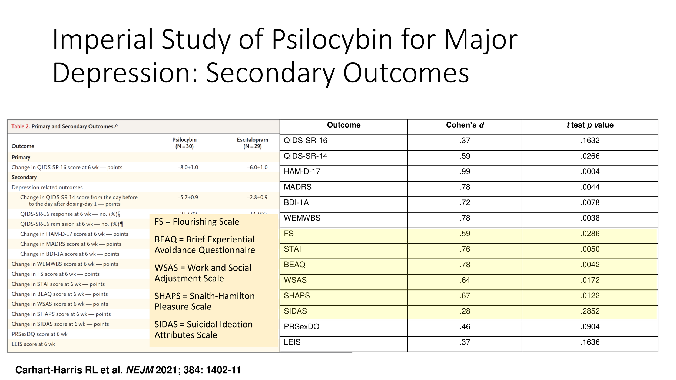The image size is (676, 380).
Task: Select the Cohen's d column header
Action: click(465, 125)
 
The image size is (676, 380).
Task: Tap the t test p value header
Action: click(590, 125)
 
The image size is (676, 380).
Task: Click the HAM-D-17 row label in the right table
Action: click(302, 172)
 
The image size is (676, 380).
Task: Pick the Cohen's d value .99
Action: click(465, 172)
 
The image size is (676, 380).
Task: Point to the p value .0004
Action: click(590, 172)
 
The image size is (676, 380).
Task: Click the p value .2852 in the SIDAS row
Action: click(590, 311)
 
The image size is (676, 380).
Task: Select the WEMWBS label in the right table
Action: click(302, 218)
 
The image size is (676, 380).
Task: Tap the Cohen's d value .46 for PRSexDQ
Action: click(465, 327)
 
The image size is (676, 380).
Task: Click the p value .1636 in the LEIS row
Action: click(590, 342)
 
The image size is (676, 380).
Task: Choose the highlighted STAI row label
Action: click(292, 249)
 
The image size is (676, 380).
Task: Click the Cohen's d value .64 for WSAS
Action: click(465, 280)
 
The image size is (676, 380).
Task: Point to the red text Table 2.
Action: click(20, 126)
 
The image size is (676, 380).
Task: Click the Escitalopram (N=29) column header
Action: click(252, 143)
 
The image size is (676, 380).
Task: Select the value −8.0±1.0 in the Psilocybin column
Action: click(188, 168)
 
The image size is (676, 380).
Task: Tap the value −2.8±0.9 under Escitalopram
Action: click(257, 198)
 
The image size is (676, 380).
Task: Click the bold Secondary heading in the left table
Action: click(24, 178)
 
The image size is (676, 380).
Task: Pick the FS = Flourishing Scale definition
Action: click(197, 222)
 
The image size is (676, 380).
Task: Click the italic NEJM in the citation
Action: click(140, 370)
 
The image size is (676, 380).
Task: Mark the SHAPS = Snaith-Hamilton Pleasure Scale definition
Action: click(204, 301)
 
